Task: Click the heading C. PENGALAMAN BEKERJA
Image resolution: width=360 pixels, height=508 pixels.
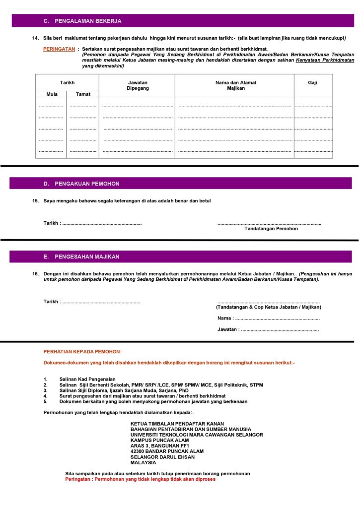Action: coord(82,21)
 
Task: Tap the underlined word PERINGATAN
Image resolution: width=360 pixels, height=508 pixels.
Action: coord(59,50)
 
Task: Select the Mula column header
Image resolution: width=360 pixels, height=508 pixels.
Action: coord(52,94)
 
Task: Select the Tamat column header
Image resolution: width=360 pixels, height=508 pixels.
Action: coord(83,94)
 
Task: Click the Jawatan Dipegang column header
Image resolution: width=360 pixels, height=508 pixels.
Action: coord(138,85)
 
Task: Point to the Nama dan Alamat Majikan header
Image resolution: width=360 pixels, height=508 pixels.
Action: coord(235,85)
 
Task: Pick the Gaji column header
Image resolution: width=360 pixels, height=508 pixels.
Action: coord(313,82)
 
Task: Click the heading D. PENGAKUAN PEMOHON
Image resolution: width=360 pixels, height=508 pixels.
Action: coord(81,184)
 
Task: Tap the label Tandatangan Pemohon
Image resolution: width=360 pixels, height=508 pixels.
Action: coord(271,229)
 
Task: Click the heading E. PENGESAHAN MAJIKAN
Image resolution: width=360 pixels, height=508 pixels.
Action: coord(81,256)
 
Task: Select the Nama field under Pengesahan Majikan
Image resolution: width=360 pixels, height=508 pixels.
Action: coord(269,318)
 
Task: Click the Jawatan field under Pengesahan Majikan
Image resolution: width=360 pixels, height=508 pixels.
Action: coord(268,329)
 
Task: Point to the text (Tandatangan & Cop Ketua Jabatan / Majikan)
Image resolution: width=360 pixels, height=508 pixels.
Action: coord(268,307)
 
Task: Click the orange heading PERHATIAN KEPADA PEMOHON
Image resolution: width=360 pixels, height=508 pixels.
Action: coord(82,352)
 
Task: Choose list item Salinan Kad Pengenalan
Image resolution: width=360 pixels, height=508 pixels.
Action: coord(87,379)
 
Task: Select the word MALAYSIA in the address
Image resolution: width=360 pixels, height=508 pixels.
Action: coord(143,462)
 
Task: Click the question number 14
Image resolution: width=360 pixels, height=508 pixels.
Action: coord(35,38)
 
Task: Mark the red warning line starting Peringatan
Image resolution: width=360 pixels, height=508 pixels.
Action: coord(140,479)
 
